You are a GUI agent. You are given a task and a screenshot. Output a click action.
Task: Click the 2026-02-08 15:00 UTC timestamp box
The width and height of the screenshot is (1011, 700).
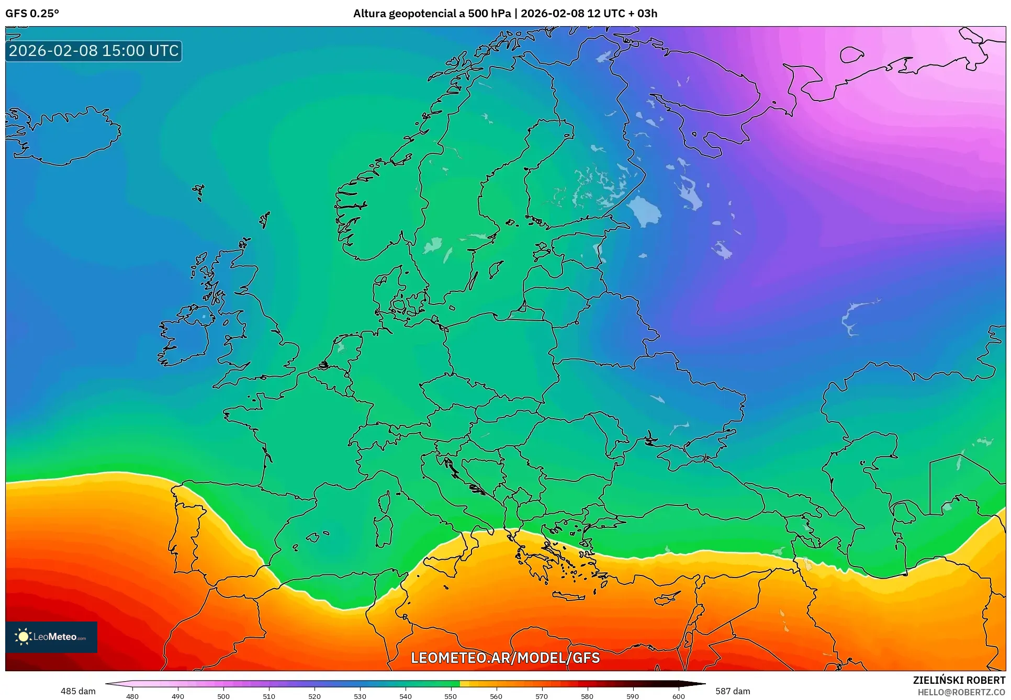coord(94,51)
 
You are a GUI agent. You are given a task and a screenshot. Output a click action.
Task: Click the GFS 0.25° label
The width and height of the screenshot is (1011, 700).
coord(32,14)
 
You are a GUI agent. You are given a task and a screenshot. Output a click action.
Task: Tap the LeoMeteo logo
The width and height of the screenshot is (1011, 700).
coord(51,637)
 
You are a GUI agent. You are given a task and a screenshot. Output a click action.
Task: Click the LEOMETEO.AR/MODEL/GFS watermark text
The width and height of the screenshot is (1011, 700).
coord(505,658)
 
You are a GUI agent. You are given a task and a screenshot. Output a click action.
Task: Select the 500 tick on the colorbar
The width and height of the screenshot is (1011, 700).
coord(223,696)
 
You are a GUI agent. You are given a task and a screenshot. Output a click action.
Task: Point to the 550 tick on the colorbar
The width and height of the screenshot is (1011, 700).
coord(451,696)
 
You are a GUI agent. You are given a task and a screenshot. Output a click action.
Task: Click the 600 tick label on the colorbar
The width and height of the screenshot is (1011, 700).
coord(678,696)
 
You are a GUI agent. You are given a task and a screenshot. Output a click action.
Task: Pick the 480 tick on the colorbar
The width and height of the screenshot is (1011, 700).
coord(132,696)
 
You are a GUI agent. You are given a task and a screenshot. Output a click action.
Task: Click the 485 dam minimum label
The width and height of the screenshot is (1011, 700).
coord(78,691)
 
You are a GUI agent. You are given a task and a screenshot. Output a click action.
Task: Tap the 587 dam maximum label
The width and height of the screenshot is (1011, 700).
coord(733,691)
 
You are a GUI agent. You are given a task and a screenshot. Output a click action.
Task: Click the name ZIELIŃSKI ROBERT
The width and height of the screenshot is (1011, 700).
coord(959,680)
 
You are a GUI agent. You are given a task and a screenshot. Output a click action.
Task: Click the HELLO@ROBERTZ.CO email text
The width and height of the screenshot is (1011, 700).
coord(961,692)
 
